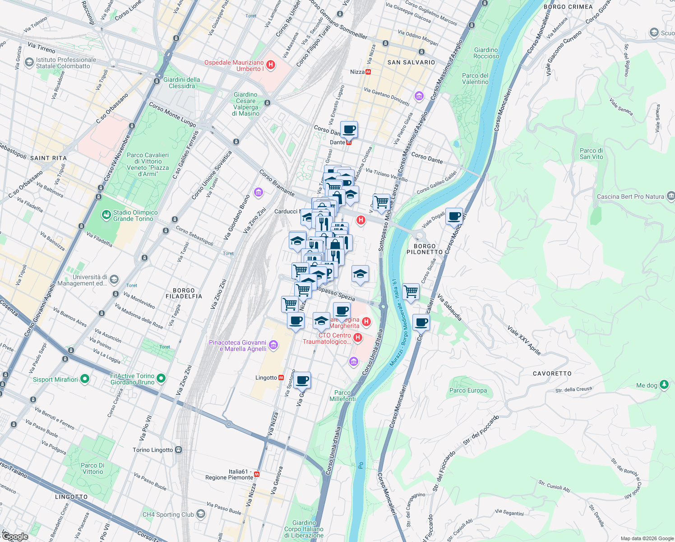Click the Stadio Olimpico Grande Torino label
click(x=135, y=215)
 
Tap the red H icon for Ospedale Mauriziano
click(x=271, y=65)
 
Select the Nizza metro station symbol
click(x=368, y=72)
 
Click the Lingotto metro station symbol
click(x=281, y=378)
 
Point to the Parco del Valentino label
click(x=475, y=79)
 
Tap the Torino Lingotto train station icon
click(x=179, y=450)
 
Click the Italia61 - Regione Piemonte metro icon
click(x=257, y=474)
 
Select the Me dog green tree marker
click(x=664, y=385)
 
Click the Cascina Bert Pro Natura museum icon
click(x=670, y=196)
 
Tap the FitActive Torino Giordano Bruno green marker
click(x=162, y=378)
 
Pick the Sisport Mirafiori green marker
click(x=84, y=379)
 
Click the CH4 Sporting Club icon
click(x=201, y=514)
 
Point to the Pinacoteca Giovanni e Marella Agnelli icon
click(x=273, y=346)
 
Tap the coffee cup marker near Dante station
click(x=349, y=130)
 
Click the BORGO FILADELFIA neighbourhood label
click(x=184, y=294)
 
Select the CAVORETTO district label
click(x=552, y=374)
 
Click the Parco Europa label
click(x=468, y=390)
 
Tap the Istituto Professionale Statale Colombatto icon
click(x=29, y=62)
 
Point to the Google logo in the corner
click(x=15, y=536)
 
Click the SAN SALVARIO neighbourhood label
click(x=411, y=62)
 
